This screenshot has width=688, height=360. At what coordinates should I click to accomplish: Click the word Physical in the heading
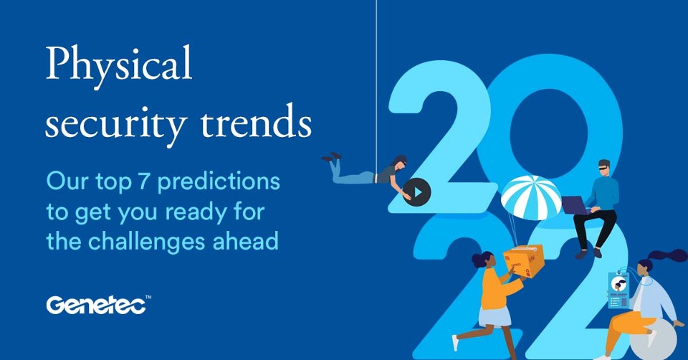[x=119, y=66]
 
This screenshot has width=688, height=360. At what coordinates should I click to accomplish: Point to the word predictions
[x=219, y=182]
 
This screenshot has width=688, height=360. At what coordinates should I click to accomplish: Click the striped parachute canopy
[x=531, y=194]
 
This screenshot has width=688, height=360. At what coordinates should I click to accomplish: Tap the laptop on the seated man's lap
[x=575, y=205]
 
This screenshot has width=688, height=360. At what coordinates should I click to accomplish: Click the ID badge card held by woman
[x=617, y=290]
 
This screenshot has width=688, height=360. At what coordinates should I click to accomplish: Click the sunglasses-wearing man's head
[x=603, y=167]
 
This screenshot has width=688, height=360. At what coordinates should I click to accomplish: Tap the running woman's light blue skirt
[x=494, y=316]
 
